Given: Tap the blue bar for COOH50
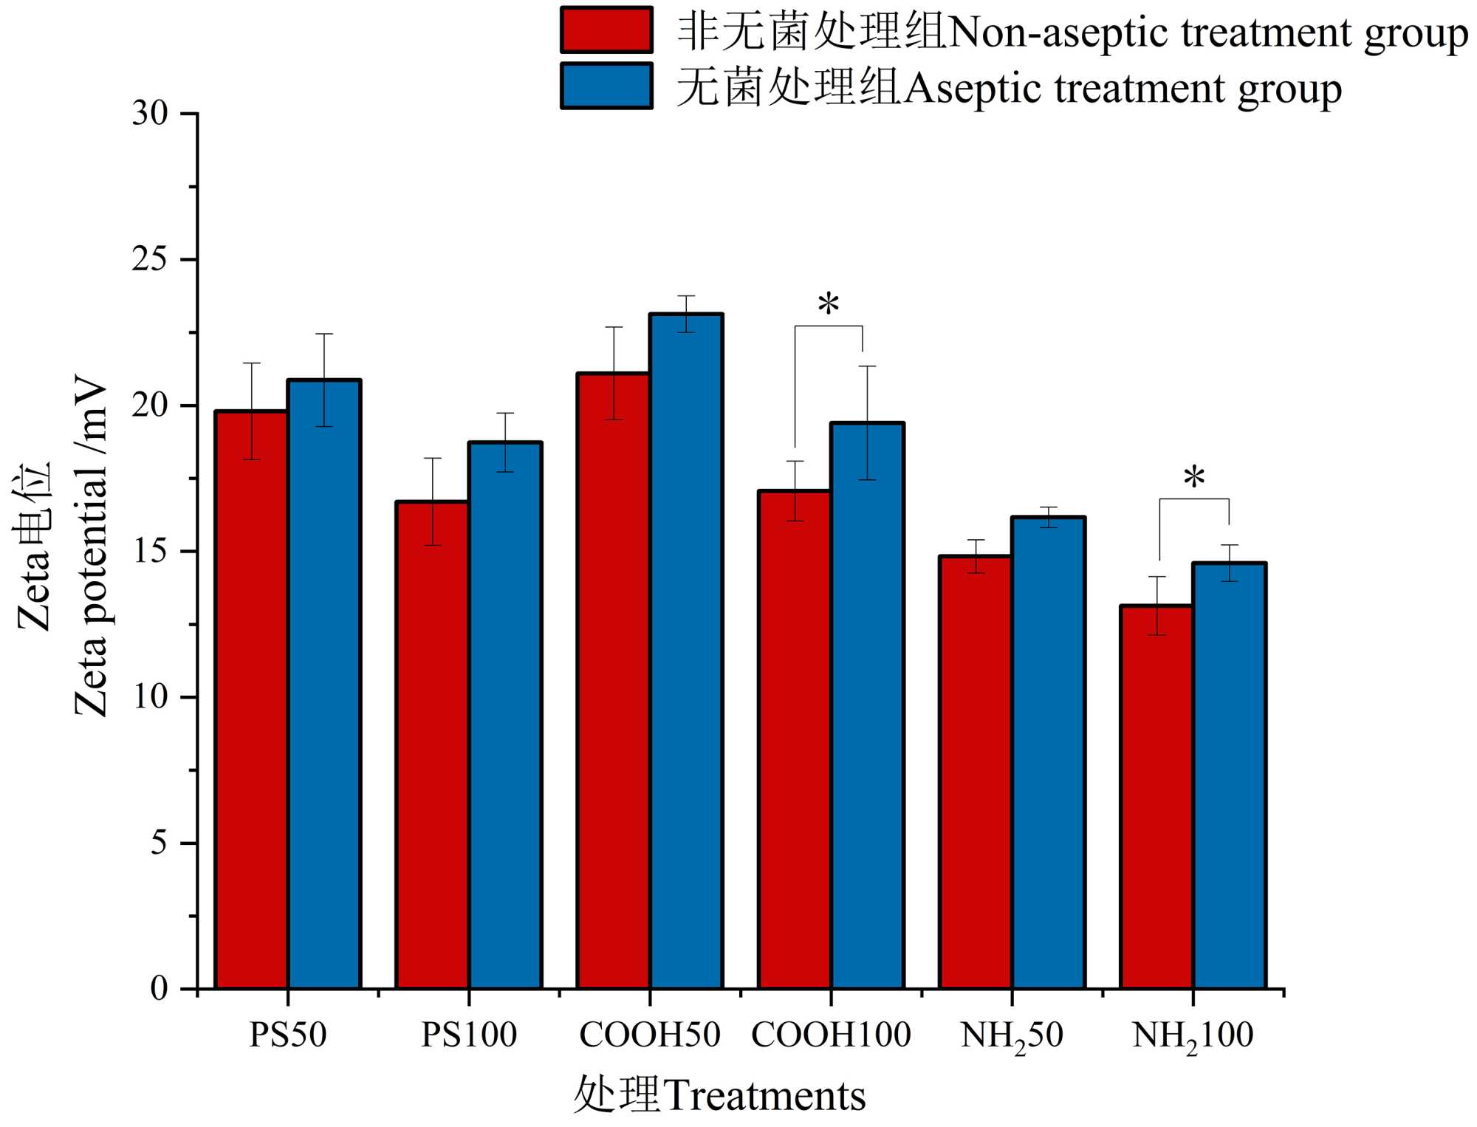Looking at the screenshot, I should [x=686, y=651].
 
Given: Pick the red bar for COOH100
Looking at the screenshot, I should [x=795, y=739].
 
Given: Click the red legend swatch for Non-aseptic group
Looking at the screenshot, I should [x=606, y=30].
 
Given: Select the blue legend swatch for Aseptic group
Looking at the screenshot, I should [x=606, y=86].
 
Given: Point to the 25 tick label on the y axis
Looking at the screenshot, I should [x=150, y=260].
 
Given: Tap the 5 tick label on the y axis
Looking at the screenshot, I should [x=159, y=843].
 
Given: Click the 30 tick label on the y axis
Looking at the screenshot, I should [x=150, y=114].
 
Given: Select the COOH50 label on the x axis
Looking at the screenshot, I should [x=649, y=1035].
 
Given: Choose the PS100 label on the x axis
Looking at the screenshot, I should [x=468, y=1035].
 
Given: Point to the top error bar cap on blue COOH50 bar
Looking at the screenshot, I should [x=687, y=296].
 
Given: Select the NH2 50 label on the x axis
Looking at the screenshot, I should [x=1011, y=1035].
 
